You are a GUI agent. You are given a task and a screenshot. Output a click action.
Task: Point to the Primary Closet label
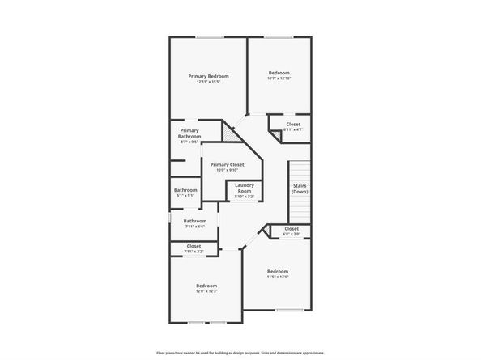tap(227, 164)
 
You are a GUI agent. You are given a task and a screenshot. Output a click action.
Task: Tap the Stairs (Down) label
tap(300, 188)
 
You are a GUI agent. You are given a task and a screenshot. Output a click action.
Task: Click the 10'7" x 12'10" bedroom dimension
tap(279, 78)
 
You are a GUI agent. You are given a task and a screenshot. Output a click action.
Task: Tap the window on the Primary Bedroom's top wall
tap(210, 36)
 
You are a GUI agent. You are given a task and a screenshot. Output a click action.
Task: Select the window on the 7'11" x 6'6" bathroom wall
tap(169, 218)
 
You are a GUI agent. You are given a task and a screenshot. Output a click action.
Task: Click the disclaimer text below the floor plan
tap(240, 353)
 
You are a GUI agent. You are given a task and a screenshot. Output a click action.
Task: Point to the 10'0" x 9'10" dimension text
tap(227, 170)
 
